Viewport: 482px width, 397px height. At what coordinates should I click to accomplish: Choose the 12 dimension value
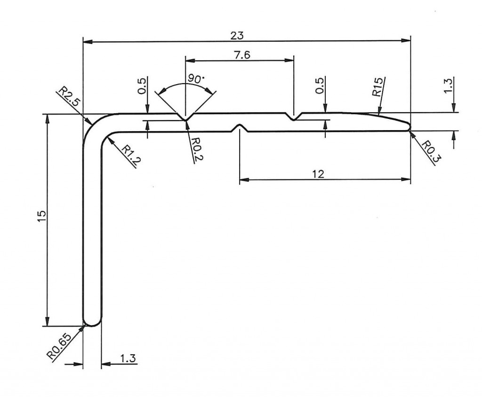(x=318, y=174)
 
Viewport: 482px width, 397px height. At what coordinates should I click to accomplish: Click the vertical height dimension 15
(x=41, y=217)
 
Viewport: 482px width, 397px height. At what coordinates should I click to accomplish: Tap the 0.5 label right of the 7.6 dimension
(x=321, y=86)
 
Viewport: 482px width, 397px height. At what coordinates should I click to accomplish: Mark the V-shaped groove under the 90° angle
(x=186, y=117)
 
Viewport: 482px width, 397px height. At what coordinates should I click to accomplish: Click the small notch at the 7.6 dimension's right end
(x=294, y=117)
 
